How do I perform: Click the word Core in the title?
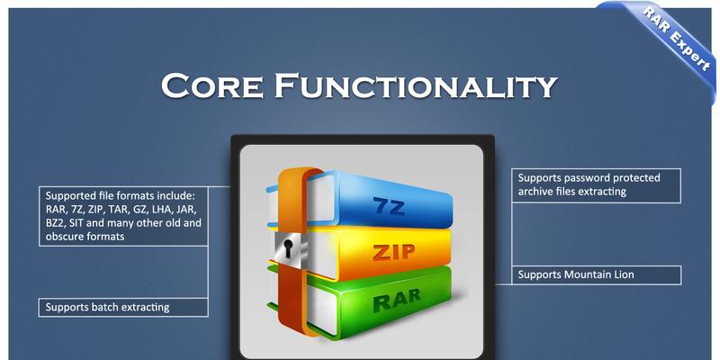tap(212, 85)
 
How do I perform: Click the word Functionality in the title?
tap(416, 85)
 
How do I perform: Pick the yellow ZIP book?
tap(367, 253)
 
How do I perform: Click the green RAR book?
tap(367, 300)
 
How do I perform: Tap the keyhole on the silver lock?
tap(288, 248)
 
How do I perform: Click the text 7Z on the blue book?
tap(389, 207)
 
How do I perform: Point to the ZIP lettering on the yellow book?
tap(393, 252)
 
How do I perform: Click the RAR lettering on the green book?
tap(397, 300)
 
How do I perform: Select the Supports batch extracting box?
tap(123, 307)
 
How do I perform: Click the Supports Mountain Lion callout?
tap(596, 275)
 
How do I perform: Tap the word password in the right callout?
tap(586, 178)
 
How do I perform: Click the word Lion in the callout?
tap(624, 274)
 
